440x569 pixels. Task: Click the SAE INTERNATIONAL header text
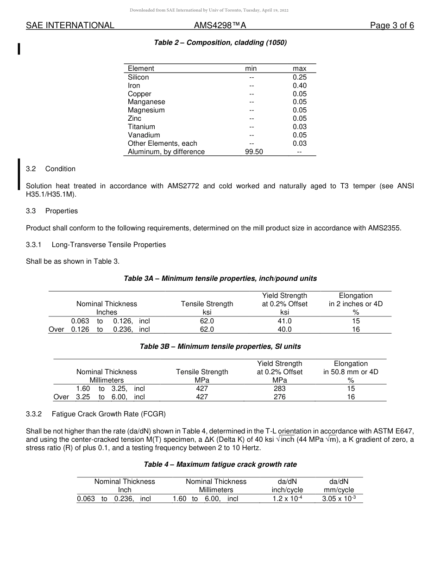pos(70,25)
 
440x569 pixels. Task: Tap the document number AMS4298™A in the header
pos(220,25)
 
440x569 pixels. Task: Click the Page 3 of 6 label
pos(392,25)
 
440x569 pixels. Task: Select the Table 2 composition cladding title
pos(220,43)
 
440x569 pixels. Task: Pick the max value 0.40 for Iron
pos(299,86)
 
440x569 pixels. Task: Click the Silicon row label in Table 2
pos(138,77)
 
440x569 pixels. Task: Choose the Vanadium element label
pos(144,135)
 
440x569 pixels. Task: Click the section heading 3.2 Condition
pos(51,169)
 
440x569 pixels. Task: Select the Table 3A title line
pos(220,278)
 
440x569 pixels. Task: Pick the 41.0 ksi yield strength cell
pos(284,321)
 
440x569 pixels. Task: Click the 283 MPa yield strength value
pos(280,389)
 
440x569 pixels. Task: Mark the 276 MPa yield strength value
pos(280,397)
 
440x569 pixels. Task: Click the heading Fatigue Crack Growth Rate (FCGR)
pos(108,414)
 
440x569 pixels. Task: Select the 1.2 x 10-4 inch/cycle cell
pos(287,499)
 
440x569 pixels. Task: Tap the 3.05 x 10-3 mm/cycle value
pos(339,499)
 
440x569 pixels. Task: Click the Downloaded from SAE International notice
pos(209,10)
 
